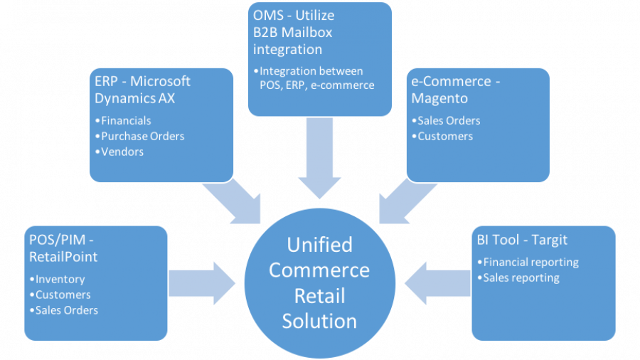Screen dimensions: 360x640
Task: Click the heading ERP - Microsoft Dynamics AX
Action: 142,90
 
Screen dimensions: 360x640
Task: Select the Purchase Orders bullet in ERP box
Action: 142,136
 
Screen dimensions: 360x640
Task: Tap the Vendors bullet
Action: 122,152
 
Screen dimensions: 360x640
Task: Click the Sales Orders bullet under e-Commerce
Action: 449,120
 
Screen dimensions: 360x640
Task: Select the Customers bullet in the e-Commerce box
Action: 445,136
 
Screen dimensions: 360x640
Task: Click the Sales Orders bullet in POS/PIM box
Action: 66,309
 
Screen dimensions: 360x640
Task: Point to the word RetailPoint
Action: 63,257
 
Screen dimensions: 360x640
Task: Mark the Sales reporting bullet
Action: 521,277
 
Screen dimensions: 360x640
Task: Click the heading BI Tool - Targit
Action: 523,240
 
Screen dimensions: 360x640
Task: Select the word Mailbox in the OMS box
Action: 305,32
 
